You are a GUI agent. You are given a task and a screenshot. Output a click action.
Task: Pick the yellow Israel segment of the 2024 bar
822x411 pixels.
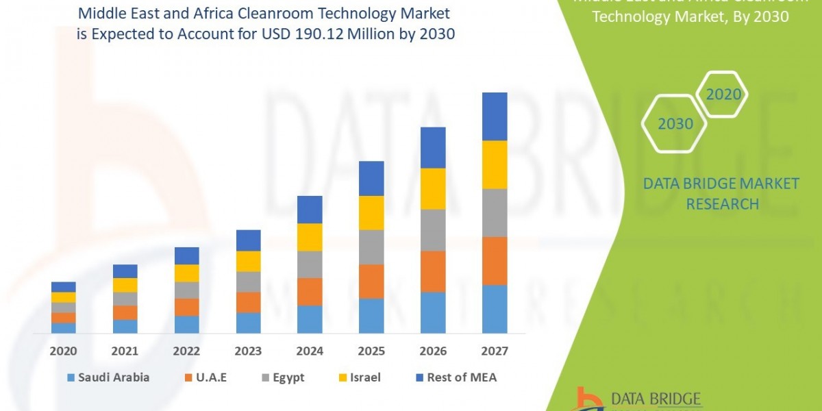click(310, 237)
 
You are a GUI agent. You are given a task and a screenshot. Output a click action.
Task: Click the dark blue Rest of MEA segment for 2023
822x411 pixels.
click(248, 240)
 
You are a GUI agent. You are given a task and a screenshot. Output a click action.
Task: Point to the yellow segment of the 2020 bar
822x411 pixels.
click(64, 297)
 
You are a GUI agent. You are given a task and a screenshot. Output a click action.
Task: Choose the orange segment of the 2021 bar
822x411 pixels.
click(125, 312)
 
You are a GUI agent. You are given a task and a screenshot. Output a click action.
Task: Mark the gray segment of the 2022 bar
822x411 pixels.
click(186, 290)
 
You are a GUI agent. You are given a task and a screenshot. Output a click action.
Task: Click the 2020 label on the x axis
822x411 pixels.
click(63, 351)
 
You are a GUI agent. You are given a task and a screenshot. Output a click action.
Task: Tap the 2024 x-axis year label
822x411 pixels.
click(310, 351)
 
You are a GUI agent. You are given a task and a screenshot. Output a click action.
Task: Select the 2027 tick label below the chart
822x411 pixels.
click(495, 351)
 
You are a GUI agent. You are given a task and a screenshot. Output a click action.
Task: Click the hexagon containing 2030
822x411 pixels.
click(675, 124)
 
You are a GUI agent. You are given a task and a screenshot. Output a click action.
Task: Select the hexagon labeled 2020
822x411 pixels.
click(723, 95)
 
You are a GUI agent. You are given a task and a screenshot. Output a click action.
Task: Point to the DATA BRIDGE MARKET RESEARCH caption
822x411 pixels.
click(722, 193)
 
